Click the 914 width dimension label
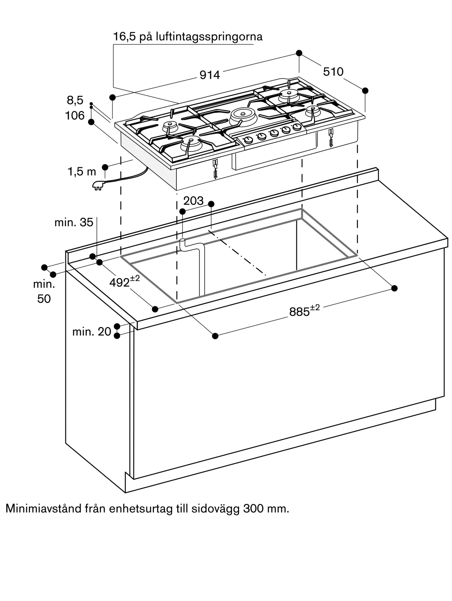[210, 75]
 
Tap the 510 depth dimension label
[333, 72]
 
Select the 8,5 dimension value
[75, 100]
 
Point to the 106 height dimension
[75, 115]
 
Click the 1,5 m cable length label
[82, 172]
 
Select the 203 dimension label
[194, 201]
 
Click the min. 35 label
[74, 222]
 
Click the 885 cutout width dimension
[304, 311]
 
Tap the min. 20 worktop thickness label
[92, 331]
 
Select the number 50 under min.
[44, 299]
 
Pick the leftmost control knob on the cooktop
[249, 140]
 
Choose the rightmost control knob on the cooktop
[297, 127]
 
